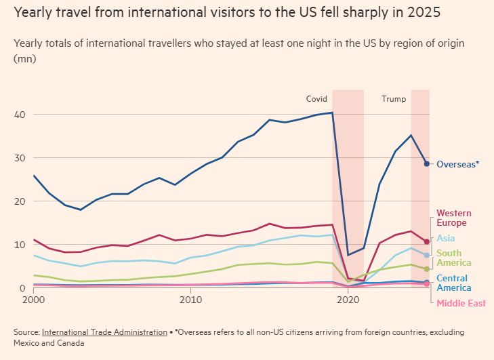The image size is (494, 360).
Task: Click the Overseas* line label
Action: pos(457,164)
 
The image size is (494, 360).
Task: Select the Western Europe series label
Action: pos(453,218)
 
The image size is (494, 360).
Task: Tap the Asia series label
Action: pos(446,238)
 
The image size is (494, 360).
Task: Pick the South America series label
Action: pos(453,258)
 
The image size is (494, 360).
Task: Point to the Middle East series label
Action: pos(461,303)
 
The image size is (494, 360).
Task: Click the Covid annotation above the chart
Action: pos(316,99)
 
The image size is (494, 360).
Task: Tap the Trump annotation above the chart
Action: pos(394,99)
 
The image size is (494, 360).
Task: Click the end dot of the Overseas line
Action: pos(426,163)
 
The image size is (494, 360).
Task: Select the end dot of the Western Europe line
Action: pos(426,241)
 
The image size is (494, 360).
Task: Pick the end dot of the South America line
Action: pos(426,269)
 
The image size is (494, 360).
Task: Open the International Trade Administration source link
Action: pos(104,332)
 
